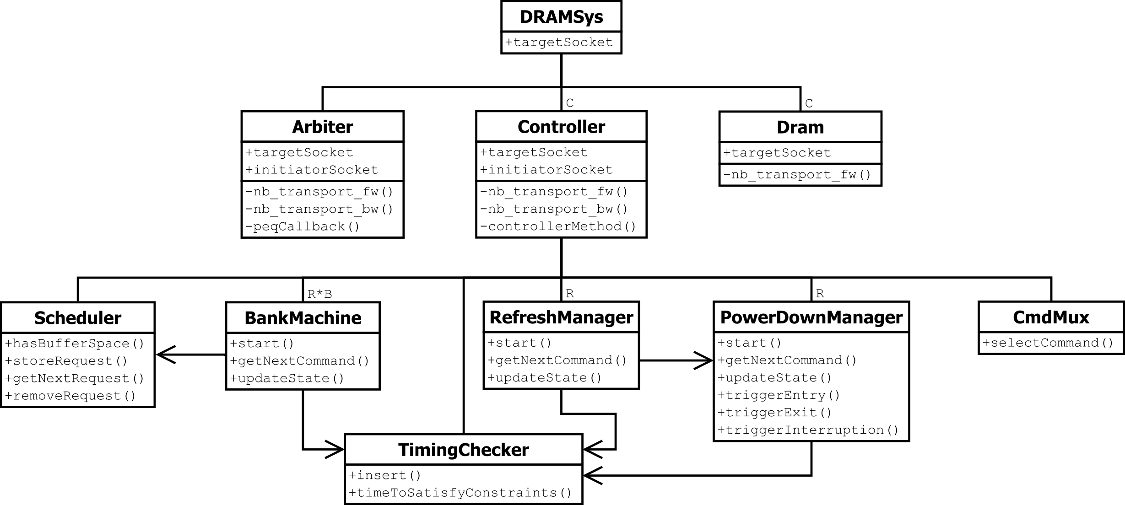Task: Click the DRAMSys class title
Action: tap(561, 17)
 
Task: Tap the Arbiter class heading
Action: tap(322, 127)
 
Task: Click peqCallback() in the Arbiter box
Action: tap(303, 226)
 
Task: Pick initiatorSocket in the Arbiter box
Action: tap(312, 170)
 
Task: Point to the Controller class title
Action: tap(561, 127)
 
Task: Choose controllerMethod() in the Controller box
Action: tap(558, 226)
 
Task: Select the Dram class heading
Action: tap(800, 127)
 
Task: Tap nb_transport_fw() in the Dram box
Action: tap(797, 175)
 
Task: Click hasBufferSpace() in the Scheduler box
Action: tap(75, 344)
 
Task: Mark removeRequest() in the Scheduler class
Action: tap(70, 396)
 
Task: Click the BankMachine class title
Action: tap(303, 318)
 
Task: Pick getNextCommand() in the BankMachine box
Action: tap(300, 361)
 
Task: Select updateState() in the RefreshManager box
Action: tap(545, 378)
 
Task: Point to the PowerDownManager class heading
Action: tap(811, 317)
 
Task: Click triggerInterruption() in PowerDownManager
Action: tap(808, 430)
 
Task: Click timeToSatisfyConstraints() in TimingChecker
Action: tap(460, 493)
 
